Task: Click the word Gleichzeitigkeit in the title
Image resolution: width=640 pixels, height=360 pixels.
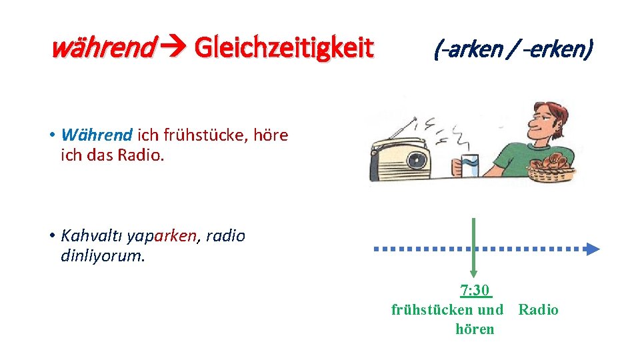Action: pos(283,48)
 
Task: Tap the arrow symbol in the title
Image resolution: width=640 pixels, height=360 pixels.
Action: pos(171,48)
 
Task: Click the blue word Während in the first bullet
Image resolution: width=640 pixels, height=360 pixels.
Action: pos(97,135)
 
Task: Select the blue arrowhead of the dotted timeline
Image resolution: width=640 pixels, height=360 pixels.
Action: pos(593,249)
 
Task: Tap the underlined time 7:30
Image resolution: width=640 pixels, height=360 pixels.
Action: pos(475,291)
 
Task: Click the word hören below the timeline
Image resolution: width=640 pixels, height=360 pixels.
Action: pos(475,329)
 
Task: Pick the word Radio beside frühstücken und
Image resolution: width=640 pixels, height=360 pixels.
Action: pos(539,309)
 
